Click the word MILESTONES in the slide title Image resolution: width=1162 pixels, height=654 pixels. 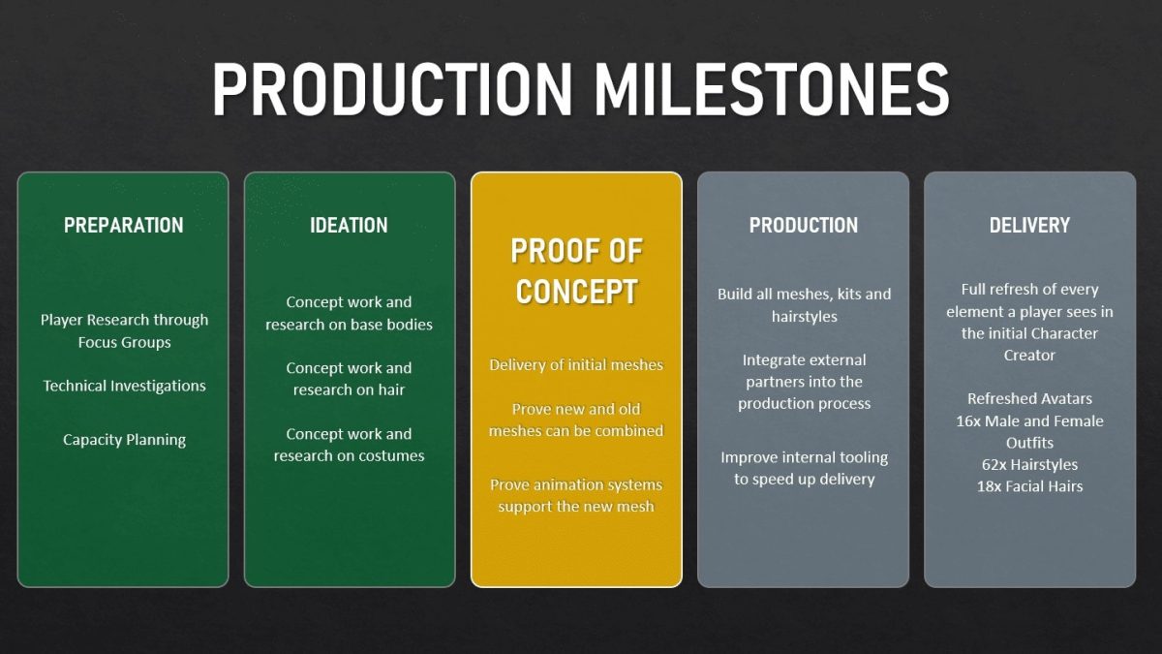772,89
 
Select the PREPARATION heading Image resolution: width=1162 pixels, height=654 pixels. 124,225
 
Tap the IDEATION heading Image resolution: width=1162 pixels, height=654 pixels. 349,225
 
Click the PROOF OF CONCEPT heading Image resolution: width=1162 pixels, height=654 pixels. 576,271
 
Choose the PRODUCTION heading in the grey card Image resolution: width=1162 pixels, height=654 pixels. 804,225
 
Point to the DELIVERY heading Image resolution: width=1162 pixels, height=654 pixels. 1029,225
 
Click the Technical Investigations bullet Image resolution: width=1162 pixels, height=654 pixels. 125,386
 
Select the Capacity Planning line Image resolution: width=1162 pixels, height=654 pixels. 125,440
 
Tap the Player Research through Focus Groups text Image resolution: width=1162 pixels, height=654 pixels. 125,330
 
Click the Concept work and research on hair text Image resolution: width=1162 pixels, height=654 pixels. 349,379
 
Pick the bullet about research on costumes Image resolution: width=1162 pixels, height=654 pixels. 349,445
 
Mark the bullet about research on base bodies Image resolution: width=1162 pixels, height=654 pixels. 349,313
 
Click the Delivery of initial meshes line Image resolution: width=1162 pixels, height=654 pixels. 576,365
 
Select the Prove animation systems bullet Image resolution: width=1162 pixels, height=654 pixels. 576,495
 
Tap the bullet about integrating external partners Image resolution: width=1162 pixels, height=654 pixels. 804,382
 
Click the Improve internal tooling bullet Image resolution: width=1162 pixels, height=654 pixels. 804,468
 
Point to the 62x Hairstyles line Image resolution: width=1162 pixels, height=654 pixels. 1029,464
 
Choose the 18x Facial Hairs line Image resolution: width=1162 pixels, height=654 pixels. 1029,486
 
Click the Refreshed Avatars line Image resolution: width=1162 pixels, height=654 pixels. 1029,398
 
